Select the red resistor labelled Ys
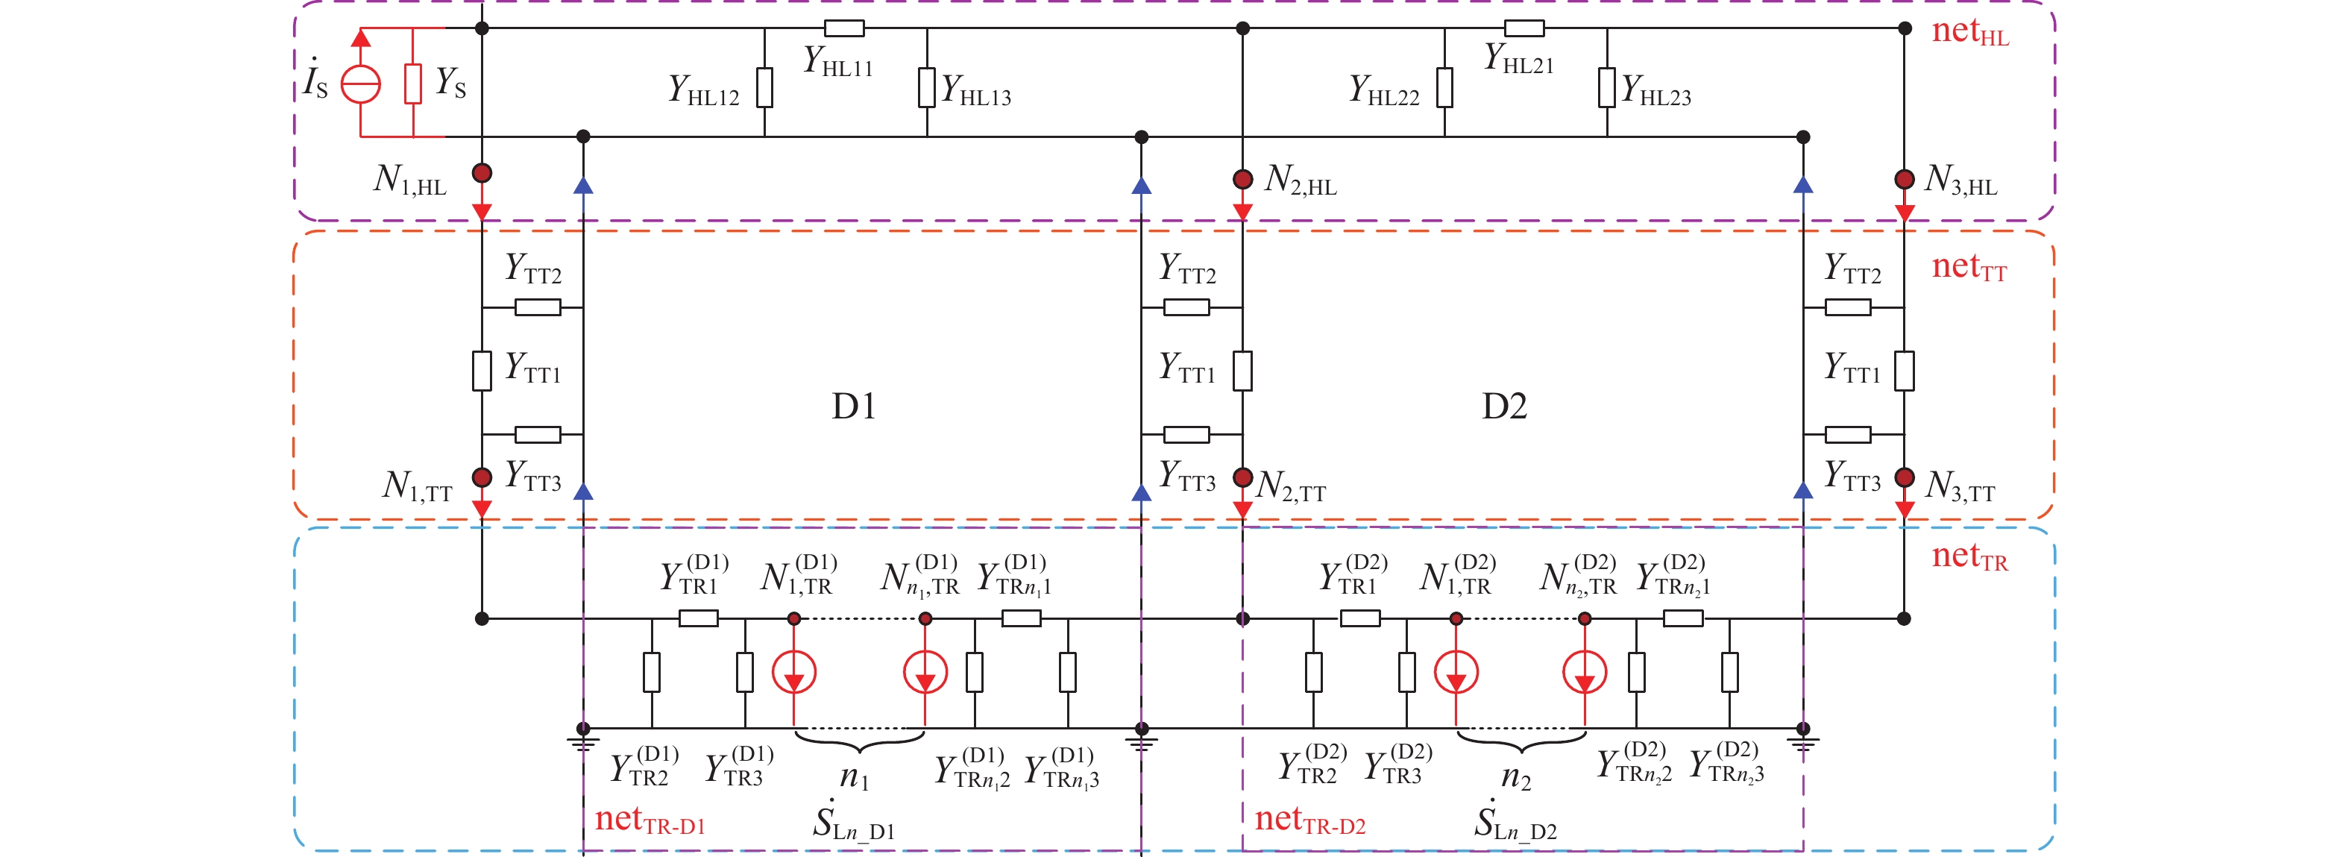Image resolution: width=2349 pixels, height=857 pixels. (413, 84)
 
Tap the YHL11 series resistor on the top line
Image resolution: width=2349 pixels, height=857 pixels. (843, 28)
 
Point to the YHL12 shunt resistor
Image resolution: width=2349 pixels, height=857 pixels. (764, 87)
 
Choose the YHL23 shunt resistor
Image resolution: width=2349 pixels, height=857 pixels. (1607, 87)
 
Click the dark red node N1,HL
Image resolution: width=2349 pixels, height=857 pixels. (482, 173)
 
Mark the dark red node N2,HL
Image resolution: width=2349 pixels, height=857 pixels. (1242, 179)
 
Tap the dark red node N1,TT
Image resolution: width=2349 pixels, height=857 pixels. (482, 477)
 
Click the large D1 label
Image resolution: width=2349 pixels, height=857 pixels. (854, 406)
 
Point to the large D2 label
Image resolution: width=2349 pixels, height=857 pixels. (1505, 406)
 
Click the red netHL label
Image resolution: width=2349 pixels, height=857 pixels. (1969, 33)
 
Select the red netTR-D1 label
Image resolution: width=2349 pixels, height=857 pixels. (650, 820)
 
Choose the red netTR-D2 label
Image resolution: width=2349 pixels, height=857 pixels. (1309, 820)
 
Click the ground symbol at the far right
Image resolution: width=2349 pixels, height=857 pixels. (1803, 735)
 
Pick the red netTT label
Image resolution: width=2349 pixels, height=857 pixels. (1969, 267)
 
